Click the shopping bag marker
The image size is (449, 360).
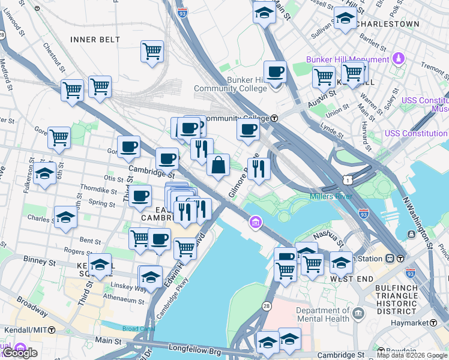coord(218,165)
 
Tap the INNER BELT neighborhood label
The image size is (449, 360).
coord(95,40)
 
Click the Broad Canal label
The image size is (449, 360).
coord(138,329)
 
